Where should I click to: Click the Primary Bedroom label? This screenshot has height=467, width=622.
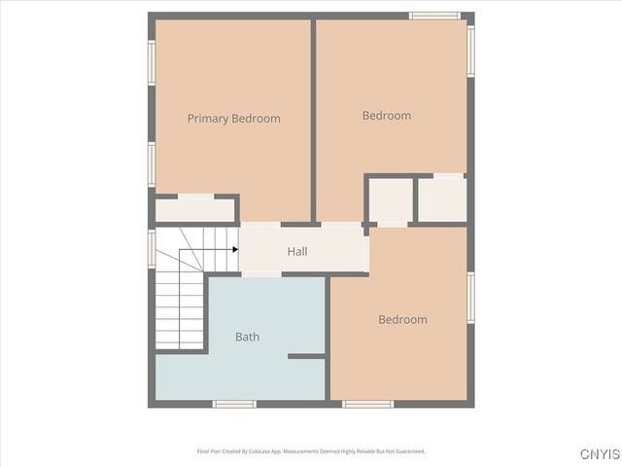pyautogui.click(x=233, y=119)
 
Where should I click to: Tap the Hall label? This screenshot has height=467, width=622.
pyautogui.click(x=297, y=251)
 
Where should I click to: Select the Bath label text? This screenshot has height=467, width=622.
pyautogui.click(x=247, y=338)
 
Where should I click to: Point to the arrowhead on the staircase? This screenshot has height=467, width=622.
pyautogui.click(x=235, y=249)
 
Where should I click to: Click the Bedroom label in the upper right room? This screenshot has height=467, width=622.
pyautogui.click(x=386, y=116)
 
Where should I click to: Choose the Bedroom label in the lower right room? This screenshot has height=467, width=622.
pyautogui.click(x=402, y=319)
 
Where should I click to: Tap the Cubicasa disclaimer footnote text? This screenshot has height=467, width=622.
pyautogui.click(x=311, y=451)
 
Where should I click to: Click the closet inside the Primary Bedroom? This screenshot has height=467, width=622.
pyautogui.click(x=194, y=209)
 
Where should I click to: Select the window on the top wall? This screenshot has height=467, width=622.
pyautogui.click(x=433, y=16)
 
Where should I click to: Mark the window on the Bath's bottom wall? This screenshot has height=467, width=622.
pyautogui.click(x=234, y=403)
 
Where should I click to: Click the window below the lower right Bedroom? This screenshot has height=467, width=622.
pyautogui.click(x=368, y=403)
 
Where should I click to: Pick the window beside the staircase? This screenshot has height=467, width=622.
pyautogui.click(x=152, y=247)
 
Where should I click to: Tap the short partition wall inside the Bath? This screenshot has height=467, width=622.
pyautogui.click(x=306, y=356)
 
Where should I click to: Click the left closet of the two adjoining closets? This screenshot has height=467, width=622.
pyautogui.click(x=391, y=200)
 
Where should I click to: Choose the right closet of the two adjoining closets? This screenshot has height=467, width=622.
pyautogui.click(x=441, y=198)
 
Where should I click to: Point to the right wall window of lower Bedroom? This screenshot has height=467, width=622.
pyautogui.click(x=470, y=298)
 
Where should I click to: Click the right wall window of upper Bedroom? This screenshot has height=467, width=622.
pyautogui.click(x=470, y=51)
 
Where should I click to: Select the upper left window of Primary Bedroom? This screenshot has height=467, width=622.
pyautogui.click(x=152, y=62)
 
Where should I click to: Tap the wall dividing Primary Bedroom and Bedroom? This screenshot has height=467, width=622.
pyautogui.click(x=313, y=119)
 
